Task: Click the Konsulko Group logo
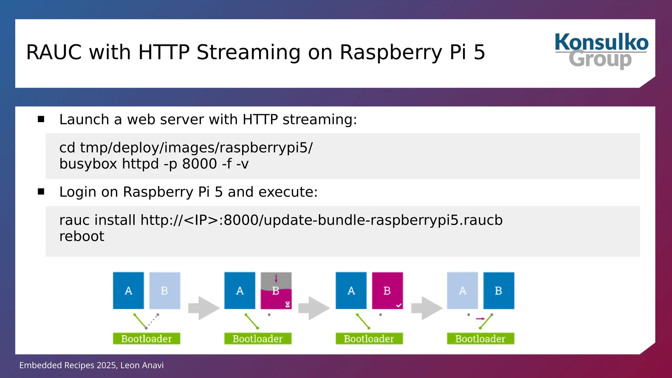coord(601,51)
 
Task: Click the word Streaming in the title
coord(248,52)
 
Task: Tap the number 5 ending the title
coord(479,52)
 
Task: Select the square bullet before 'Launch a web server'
coord(41,119)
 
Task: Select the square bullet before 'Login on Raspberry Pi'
coord(41,192)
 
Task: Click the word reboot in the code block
coord(82,236)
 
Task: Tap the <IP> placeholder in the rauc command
coord(201,220)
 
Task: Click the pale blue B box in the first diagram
coord(165,290)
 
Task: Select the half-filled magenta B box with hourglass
coord(276,290)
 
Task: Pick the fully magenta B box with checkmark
coord(387,290)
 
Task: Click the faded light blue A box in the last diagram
coord(462,290)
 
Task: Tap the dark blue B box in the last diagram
coord(499,290)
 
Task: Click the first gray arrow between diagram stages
coord(204,308)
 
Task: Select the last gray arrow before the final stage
coord(427,308)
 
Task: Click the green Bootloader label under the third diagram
coord(369,339)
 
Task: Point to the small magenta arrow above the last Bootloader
coord(480,319)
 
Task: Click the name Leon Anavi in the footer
coord(142,365)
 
